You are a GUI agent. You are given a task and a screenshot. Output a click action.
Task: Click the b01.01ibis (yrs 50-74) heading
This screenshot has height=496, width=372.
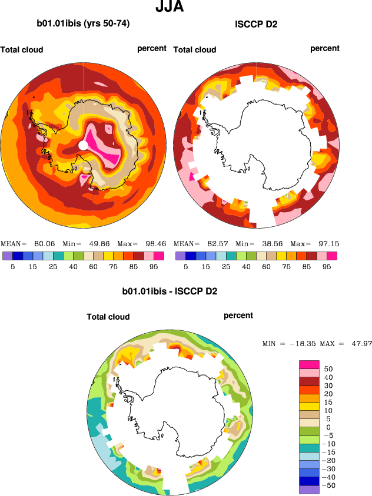pos(84,24)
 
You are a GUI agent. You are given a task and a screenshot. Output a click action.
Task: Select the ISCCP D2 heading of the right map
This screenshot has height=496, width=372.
pos(256,24)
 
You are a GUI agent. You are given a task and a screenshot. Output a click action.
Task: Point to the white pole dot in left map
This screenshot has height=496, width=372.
pos(84,145)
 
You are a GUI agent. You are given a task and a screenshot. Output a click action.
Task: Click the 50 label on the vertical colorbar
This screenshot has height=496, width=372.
pos(328,368)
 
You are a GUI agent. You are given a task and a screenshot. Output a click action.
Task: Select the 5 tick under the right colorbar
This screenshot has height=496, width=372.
pos(185,266)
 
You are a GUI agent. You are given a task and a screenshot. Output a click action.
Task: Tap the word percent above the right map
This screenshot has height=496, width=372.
pos(325,48)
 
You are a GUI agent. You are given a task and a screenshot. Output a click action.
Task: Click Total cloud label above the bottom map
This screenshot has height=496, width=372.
pos(108,317)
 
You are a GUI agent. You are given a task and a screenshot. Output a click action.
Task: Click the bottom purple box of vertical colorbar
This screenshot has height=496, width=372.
pos(309,490)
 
